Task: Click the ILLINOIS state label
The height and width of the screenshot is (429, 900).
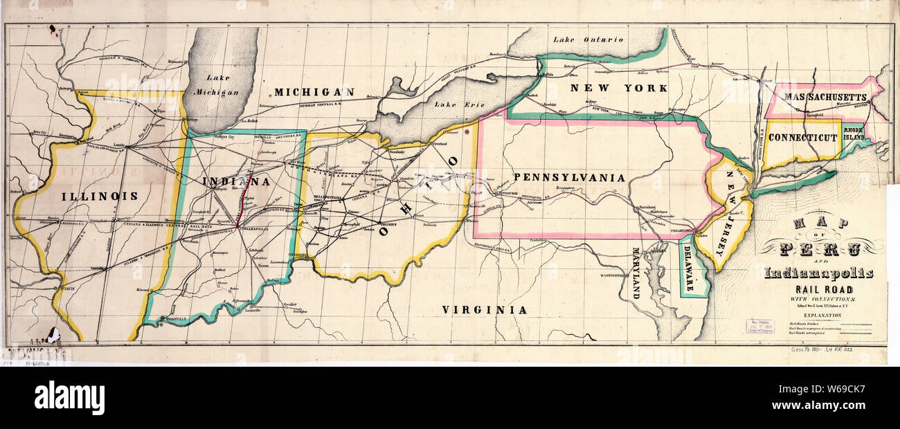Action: [99, 196]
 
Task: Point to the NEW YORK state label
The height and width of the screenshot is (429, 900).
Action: [618, 88]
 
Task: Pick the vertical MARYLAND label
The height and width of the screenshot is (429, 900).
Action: [636, 273]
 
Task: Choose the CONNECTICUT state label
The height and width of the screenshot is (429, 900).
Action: [802, 138]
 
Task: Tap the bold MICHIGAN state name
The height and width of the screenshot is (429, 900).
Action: [314, 91]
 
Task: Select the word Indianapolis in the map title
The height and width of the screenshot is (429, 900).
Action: [818, 273]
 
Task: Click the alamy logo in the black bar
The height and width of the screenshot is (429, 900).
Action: [69, 399]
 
